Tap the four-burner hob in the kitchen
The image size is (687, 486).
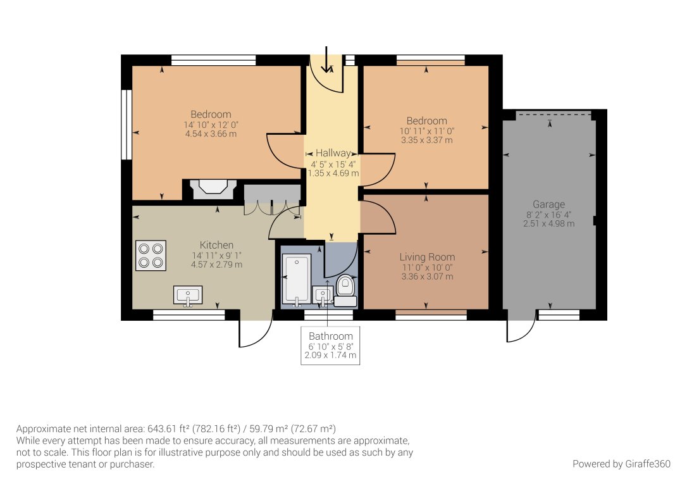tap(151, 255)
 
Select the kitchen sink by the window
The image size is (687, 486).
tap(188, 295)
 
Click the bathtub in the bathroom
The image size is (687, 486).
tap(297, 280)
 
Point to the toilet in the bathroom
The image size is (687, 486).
tap(345, 289)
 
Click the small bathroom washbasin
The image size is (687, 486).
tap(323, 295)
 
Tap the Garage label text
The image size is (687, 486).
tap(548, 204)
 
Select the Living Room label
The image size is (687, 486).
tap(427, 258)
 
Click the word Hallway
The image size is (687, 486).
tap(333, 153)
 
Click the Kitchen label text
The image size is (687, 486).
tap(217, 245)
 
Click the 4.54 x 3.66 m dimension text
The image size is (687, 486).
tap(211, 134)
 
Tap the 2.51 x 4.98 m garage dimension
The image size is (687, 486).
tap(548, 224)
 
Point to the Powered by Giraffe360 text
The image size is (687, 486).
tap(621, 464)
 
